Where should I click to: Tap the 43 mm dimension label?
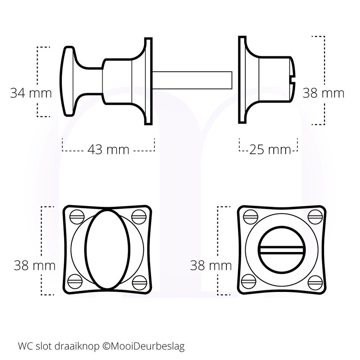108,149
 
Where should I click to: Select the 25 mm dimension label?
270,149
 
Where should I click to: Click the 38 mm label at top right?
323,93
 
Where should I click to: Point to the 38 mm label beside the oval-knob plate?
35,266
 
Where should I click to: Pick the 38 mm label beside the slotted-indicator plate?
211,266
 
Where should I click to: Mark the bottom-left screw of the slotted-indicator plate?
249,281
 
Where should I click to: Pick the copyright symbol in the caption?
106,347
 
